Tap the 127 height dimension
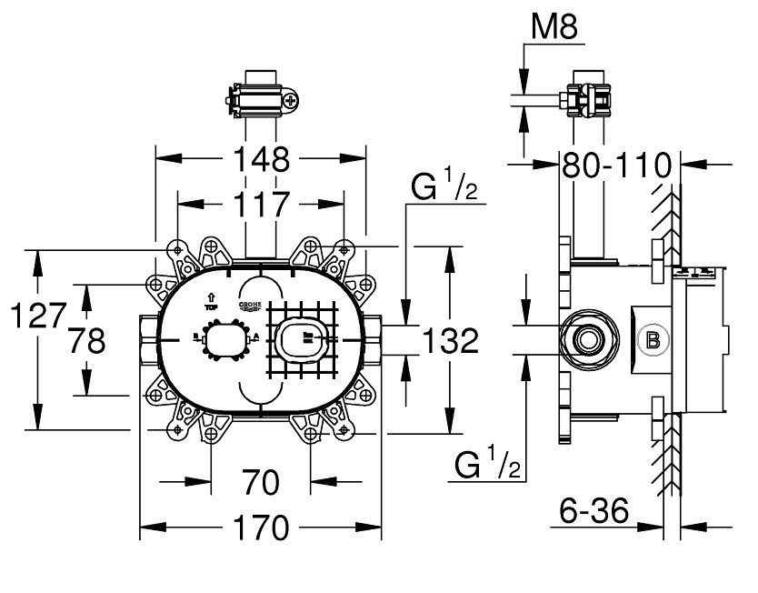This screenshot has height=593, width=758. [x=36, y=317]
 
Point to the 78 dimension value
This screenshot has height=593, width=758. [x=86, y=341]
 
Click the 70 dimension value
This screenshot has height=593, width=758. [x=261, y=482]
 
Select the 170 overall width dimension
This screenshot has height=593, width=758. [x=260, y=528]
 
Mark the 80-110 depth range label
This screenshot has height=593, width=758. [x=617, y=166]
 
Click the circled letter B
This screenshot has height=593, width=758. [x=652, y=341]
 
